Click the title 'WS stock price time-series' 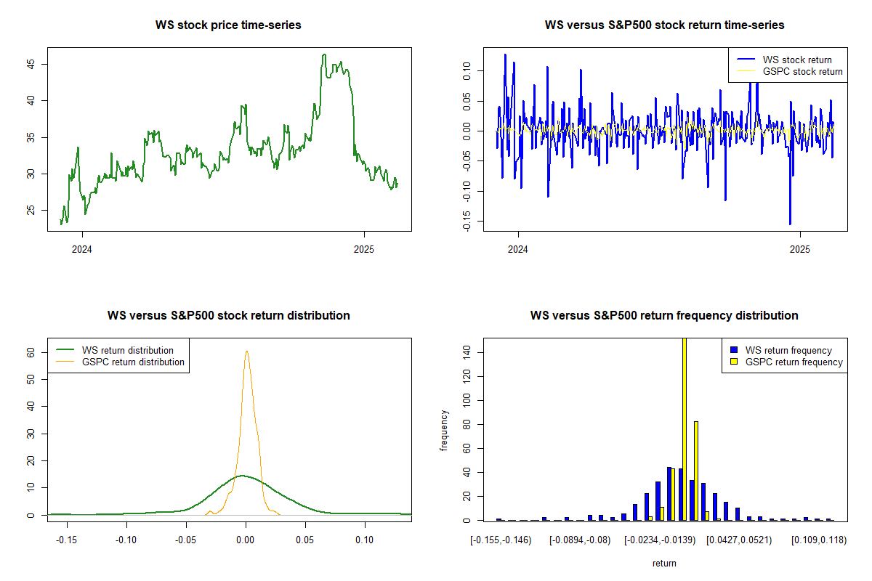pyautogui.click(x=228, y=25)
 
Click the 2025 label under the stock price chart pyautogui.click(x=363, y=251)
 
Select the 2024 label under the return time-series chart pyautogui.click(x=518, y=251)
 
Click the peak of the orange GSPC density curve pyautogui.click(x=246, y=352)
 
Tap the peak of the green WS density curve pyautogui.click(x=241, y=476)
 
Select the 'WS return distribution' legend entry pyautogui.click(x=128, y=350)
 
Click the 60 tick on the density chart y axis pyautogui.click(x=31, y=352)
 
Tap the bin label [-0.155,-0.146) pyautogui.click(x=501, y=540)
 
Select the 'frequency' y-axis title pyautogui.click(x=445, y=431)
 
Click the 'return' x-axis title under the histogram pyautogui.click(x=664, y=563)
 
